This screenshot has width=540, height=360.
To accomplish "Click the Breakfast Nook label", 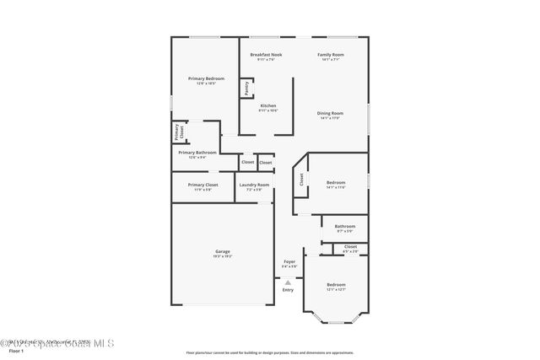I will coord(267,55).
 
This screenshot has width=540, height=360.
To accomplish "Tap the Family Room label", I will coord(331,55).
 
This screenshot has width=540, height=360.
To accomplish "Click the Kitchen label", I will coord(267,105).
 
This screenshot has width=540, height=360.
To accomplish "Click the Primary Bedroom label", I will coord(206,78).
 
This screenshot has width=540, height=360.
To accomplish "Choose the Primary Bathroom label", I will coord(197,153).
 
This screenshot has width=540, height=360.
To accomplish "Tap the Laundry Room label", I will coord(254,185).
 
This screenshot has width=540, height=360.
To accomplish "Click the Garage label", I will coord(223,251).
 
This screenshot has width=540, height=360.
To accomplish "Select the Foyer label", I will coord(289,261).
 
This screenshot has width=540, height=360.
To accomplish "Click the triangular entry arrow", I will coord(288,282).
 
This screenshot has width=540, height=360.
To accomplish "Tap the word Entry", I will coord(288,290).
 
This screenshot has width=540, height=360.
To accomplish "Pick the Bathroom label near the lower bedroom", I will coord(345,226).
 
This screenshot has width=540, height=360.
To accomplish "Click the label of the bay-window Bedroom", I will coord(337,285).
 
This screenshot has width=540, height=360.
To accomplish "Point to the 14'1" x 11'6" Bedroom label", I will coord(336,182).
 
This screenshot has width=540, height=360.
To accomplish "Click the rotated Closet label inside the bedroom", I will coord(301,179).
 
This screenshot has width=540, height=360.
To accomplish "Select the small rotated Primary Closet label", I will coord(178,132).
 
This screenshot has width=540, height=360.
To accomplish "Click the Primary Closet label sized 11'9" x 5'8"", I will coord(202,185).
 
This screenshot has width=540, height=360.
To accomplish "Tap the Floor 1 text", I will coord(16,350).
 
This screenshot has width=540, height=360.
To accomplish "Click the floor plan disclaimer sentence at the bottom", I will coord(269,353).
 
